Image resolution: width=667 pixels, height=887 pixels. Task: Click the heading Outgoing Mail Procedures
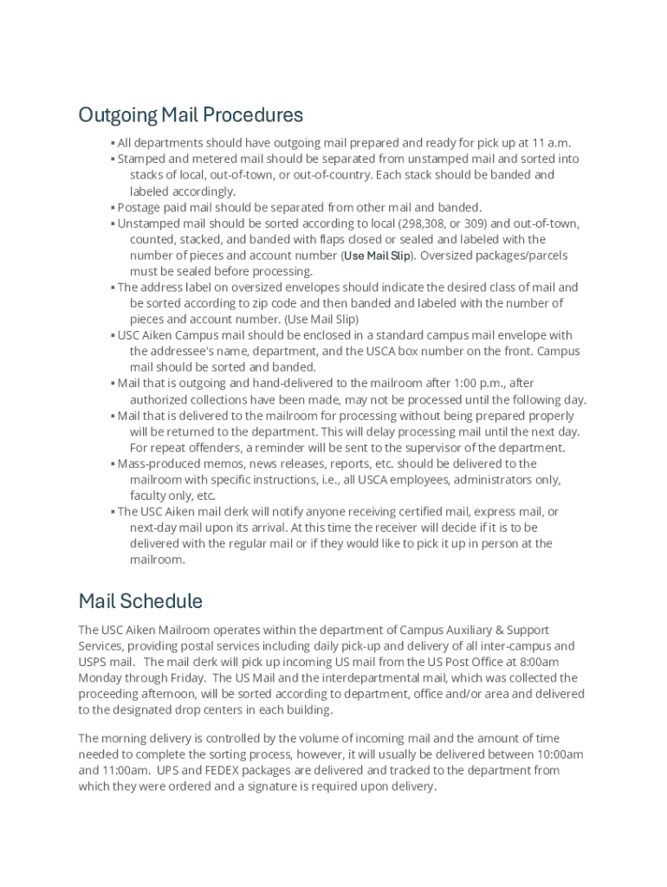point(191,114)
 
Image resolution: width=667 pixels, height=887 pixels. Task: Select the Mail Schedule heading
point(140,601)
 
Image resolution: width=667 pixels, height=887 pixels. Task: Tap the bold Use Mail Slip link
point(378,256)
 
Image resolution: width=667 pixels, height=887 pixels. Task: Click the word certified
point(418,512)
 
